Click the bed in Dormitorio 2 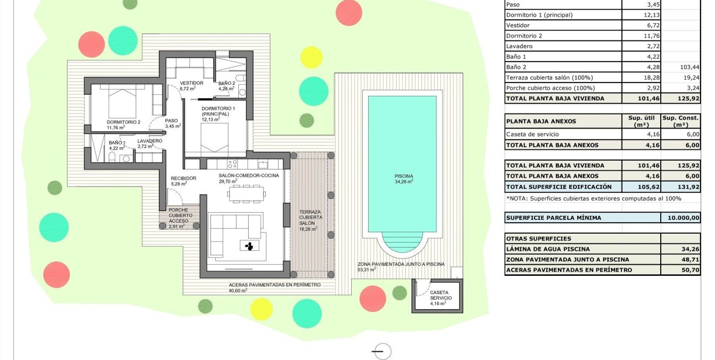pos(122,100)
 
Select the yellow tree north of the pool pos(311,57)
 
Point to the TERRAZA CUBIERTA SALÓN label pos(310,220)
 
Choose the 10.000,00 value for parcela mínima pos(681,218)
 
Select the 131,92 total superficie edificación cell pos(681,187)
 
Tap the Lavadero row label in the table pos(519,46)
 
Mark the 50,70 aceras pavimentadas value pos(681,270)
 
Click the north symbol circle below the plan pos(382,352)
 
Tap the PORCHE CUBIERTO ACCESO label pos(178,218)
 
